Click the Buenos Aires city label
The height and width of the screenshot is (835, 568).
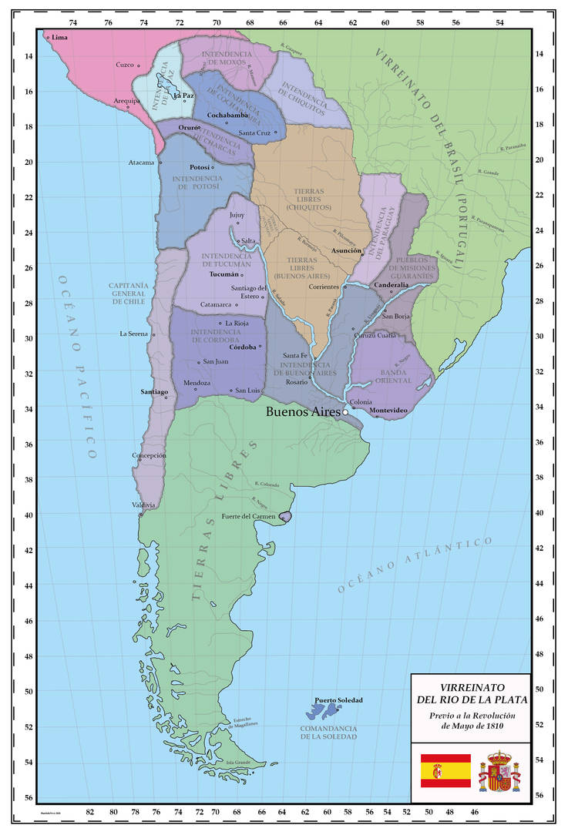302,411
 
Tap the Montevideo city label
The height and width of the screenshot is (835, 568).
388,410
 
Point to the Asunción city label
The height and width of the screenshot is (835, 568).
346,251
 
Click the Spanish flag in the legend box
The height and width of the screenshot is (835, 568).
445,770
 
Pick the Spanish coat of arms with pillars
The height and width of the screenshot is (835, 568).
499,770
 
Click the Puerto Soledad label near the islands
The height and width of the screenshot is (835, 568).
338,700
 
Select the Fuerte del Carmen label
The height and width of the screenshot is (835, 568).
248,516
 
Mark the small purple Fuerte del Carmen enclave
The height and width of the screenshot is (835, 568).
285,516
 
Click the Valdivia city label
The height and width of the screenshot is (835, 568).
143,505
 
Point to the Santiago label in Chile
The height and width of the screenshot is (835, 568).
154,391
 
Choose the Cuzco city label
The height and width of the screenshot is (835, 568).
125,65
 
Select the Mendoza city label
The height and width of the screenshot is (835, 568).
197,383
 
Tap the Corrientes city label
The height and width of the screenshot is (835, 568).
324,286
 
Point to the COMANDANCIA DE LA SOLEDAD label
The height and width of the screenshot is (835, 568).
329,732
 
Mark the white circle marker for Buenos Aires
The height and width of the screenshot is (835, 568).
346,412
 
